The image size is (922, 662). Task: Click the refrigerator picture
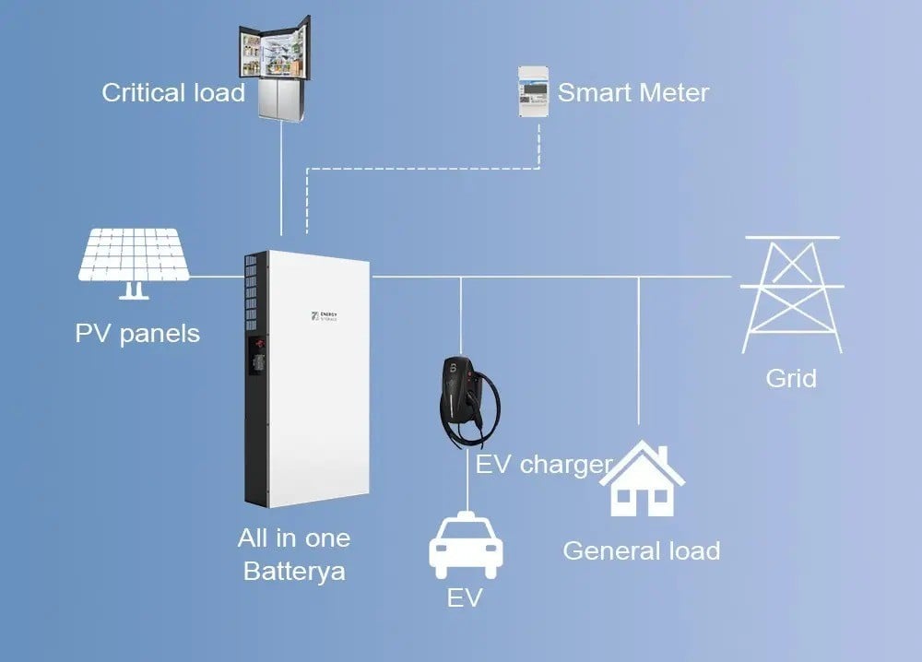pyautogui.click(x=275, y=69)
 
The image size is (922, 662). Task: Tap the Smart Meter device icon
pyautogui.click(x=533, y=91)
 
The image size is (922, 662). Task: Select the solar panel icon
pyautogui.click(x=134, y=263)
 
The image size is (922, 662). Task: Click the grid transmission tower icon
pyautogui.click(x=792, y=294)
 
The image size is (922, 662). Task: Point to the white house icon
pyautogui.click(x=642, y=479)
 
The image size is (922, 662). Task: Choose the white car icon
pyautogui.click(x=466, y=546)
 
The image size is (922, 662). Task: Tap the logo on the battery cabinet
pyautogui.click(x=324, y=316)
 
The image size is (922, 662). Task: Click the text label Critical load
pyautogui.click(x=173, y=93)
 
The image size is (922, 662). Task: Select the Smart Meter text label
pyautogui.click(x=633, y=93)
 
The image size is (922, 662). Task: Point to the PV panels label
pyautogui.click(x=137, y=334)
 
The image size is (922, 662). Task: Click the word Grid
pyautogui.click(x=791, y=379)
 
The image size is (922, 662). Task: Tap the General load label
pyautogui.click(x=642, y=550)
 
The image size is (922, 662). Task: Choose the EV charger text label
pyautogui.click(x=544, y=465)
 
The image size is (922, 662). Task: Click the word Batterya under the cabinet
pyautogui.click(x=294, y=572)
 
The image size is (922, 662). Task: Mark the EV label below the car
pyautogui.click(x=465, y=597)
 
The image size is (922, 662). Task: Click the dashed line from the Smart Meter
pyautogui.click(x=423, y=169)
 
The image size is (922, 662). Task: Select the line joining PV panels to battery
pyautogui.click(x=217, y=277)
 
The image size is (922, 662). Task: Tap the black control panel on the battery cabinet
pyautogui.click(x=257, y=356)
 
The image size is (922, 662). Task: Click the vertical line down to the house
pyautogui.click(x=639, y=350)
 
